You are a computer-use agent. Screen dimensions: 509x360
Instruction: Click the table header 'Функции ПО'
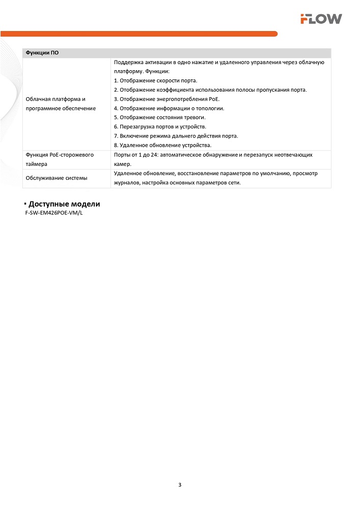point(42,53)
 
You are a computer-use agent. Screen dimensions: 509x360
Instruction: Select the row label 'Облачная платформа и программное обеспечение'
point(61,104)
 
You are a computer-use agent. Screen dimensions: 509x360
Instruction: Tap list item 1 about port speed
point(155,80)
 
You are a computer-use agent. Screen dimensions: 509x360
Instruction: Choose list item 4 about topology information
point(169,108)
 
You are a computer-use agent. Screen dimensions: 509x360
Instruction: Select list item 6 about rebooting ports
point(160,126)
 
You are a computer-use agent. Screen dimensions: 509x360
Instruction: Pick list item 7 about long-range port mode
point(176,136)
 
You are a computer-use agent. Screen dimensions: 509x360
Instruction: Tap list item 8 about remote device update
point(162,145)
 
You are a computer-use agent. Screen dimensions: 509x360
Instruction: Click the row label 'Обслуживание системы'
point(57,178)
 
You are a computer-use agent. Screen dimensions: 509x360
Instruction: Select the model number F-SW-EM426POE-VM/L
point(53,213)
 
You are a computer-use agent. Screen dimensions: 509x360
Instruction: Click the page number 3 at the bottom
point(180,485)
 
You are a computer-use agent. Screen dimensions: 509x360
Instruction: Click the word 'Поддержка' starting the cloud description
point(127,62)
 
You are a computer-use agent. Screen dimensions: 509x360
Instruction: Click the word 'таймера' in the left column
point(37,164)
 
